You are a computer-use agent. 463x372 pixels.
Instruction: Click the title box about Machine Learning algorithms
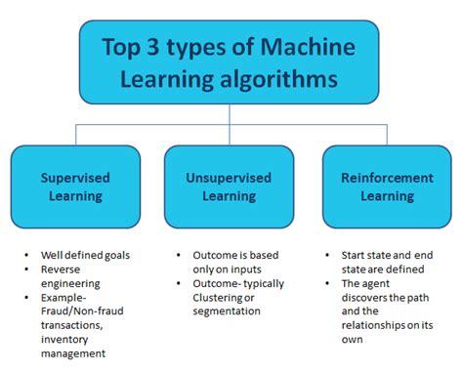[x=229, y=62]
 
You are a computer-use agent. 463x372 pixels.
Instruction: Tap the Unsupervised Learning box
[x=229, y=186]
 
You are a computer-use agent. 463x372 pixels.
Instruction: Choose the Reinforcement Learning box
[x=387, y=186]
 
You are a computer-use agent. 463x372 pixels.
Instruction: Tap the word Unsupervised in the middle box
[x=229, y=178]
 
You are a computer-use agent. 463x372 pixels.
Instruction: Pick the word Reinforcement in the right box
[x=387, y=178]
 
